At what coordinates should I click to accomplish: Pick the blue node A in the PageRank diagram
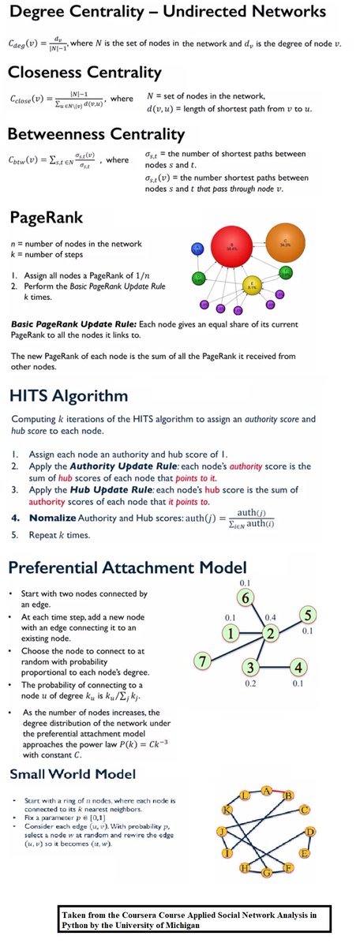(x=197, y=249)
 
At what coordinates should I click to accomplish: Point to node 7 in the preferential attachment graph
(x=204, y=661)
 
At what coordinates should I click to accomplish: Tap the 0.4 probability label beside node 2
(x=272, y=616)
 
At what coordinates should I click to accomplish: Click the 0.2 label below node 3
(x=249, y=683)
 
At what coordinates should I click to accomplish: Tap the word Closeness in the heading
(x=50, y=73)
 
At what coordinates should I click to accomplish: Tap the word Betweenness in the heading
(x=64, y=133)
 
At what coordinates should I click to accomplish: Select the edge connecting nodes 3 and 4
(x=275, y=666)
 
